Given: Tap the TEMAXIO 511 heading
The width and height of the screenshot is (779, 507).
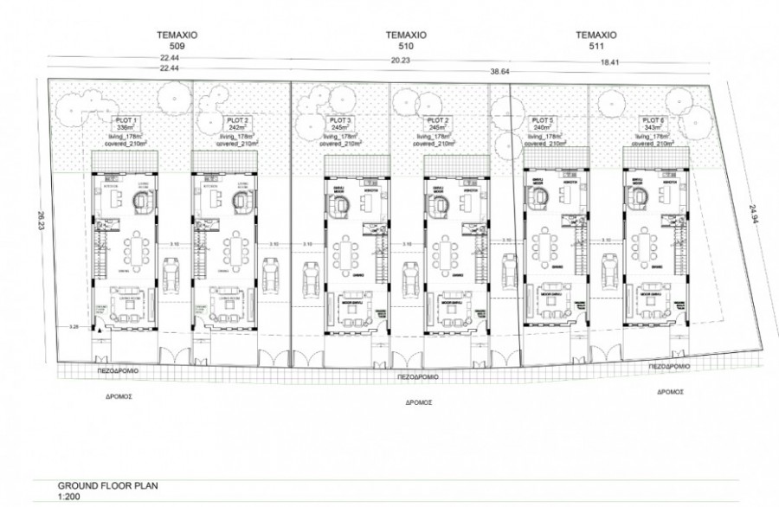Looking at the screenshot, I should coord(595,42).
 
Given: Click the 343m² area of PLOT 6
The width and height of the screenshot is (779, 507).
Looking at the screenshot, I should coord(649,127).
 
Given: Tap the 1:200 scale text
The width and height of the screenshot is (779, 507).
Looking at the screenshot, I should coord(68,498).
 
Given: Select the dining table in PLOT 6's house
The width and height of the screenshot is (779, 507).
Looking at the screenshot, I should coord(649,245).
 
